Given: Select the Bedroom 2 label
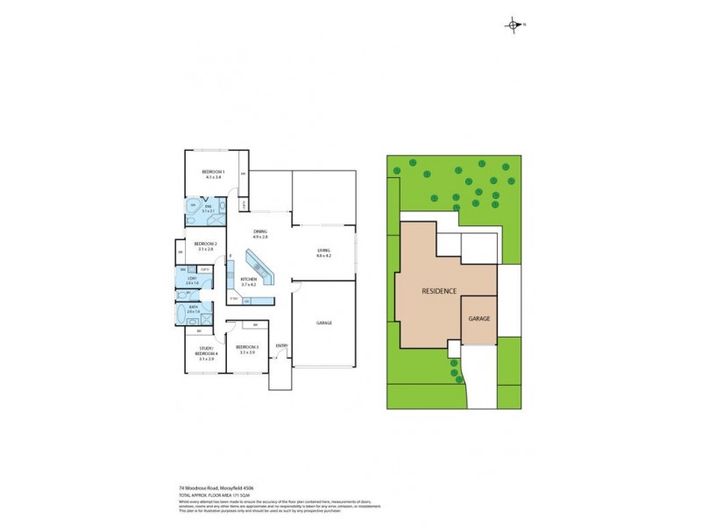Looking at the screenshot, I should [x=205, y=245].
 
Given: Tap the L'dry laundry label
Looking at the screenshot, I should [x=193, y=281].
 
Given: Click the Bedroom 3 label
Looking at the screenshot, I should [x=247, y=349].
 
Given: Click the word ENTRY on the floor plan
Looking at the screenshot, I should [x=281, y=345].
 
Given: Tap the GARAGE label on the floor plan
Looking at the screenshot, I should [x=324, y=323].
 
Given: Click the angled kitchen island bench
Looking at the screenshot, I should [x=261, y=267].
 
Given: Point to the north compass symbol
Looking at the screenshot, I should [x=513, y=25].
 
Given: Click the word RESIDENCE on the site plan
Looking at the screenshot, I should [x=439, y=290].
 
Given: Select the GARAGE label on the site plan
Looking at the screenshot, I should [x=478, y=317].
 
